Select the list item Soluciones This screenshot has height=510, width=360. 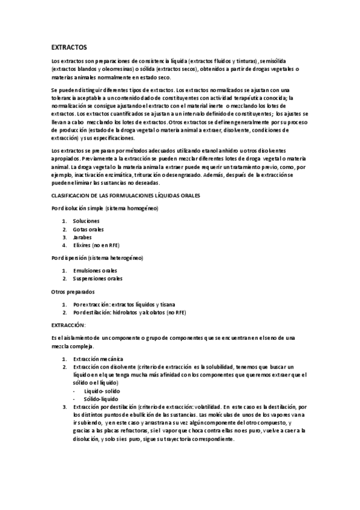pyautogui.click(x=86, y=221)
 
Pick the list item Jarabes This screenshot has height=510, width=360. pyautogui.click(x=83, y=237)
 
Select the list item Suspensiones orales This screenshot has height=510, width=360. pyautogui.click(x=98, y=278)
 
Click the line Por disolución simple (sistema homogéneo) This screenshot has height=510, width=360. pyautogui.click(x=105, y=208)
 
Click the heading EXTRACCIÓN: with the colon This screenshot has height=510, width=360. pyautogui.click(x=69, y=325)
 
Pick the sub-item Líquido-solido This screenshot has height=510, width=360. pyautogui.click(x=102, y=390)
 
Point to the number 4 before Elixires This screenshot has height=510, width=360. pyautogui.click(x=64, y=245)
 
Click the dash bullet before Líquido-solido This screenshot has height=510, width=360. pyautogui.click(x=74, y=390)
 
